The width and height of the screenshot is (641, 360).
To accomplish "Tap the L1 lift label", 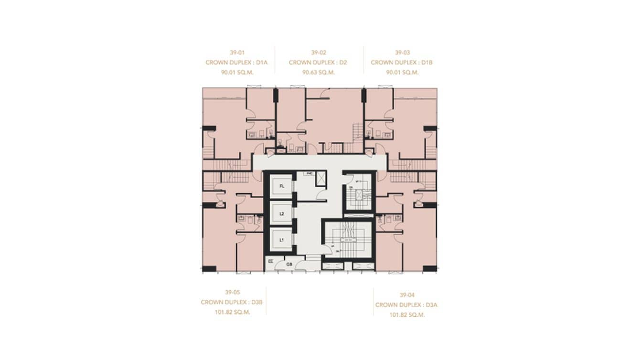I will tap(282, 240).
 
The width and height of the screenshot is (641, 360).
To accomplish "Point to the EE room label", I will tap(271, 262).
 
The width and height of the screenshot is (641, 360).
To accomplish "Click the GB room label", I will tap(289, 264).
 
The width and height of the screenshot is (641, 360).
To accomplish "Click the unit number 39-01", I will tap(237, 53).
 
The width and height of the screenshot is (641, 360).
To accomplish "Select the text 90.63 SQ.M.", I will tap(319, 73).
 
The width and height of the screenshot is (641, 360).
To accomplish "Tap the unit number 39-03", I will tap(402, 53).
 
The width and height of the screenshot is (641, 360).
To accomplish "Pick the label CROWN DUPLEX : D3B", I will tap(232, 302).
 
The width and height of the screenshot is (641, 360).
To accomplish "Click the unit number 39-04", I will tap(407, 295).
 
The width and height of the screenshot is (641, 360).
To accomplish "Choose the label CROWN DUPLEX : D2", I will tap(318, 63).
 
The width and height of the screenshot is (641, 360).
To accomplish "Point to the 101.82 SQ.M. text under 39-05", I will tap(233, 312).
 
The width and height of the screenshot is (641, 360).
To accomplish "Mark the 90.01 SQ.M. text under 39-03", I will tap(402, 73).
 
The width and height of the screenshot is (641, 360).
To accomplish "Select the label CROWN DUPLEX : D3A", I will tap(407, 305).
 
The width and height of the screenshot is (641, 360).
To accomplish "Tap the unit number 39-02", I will tap(318, 53).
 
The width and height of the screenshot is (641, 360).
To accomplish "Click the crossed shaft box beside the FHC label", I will tap(321, 179).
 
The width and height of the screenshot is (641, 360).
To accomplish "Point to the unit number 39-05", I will tap(233, 292).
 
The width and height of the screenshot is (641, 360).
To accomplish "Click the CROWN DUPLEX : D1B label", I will tap(402, 63).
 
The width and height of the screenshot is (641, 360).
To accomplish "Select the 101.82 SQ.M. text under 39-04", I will tap(407, 315).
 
